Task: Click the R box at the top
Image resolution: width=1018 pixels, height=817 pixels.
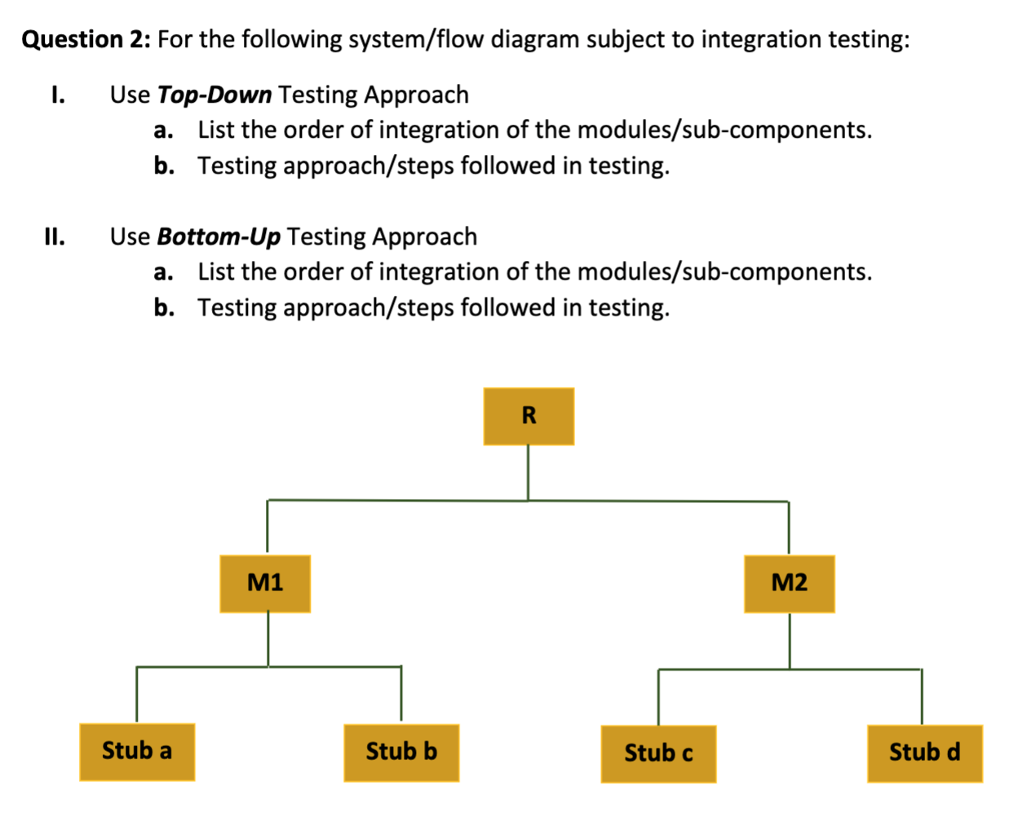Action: (529, 417)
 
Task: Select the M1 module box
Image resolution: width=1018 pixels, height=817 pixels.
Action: (265, 584)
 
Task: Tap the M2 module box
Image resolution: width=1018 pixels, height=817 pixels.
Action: (789, 584)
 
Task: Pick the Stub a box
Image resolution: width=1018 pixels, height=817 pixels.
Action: (137, 752)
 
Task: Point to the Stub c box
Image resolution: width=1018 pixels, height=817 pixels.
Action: (658, 753)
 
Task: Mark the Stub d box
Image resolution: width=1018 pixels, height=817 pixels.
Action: (924, 753)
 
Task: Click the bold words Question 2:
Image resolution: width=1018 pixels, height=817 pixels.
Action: (85, 39)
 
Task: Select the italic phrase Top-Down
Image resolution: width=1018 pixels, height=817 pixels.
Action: (215, 95)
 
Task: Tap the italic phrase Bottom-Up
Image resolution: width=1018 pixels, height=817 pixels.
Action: (219, 236)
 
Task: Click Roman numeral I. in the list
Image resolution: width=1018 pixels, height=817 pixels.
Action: (57, 95)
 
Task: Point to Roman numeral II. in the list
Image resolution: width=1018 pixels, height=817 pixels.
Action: (55, 236)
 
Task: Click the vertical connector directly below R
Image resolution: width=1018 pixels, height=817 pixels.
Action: (528, 472)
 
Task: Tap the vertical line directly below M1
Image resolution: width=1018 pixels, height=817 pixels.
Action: (268, 639)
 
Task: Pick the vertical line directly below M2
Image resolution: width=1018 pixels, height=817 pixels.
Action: (789, 641)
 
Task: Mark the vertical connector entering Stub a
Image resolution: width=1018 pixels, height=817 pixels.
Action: (136, 695)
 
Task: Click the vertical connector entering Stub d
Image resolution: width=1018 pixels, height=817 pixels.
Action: (922, 697)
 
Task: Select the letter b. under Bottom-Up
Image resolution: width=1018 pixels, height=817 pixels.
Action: (163, 307)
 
